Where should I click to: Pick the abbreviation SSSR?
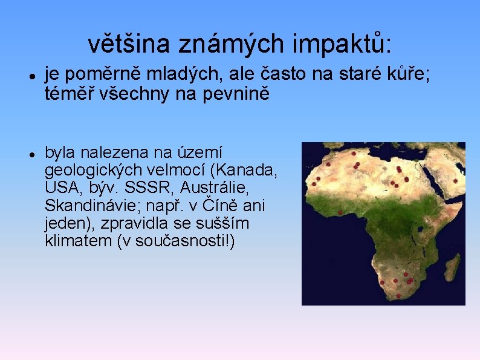(148, 188)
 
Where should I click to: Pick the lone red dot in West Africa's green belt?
(340, 212)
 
